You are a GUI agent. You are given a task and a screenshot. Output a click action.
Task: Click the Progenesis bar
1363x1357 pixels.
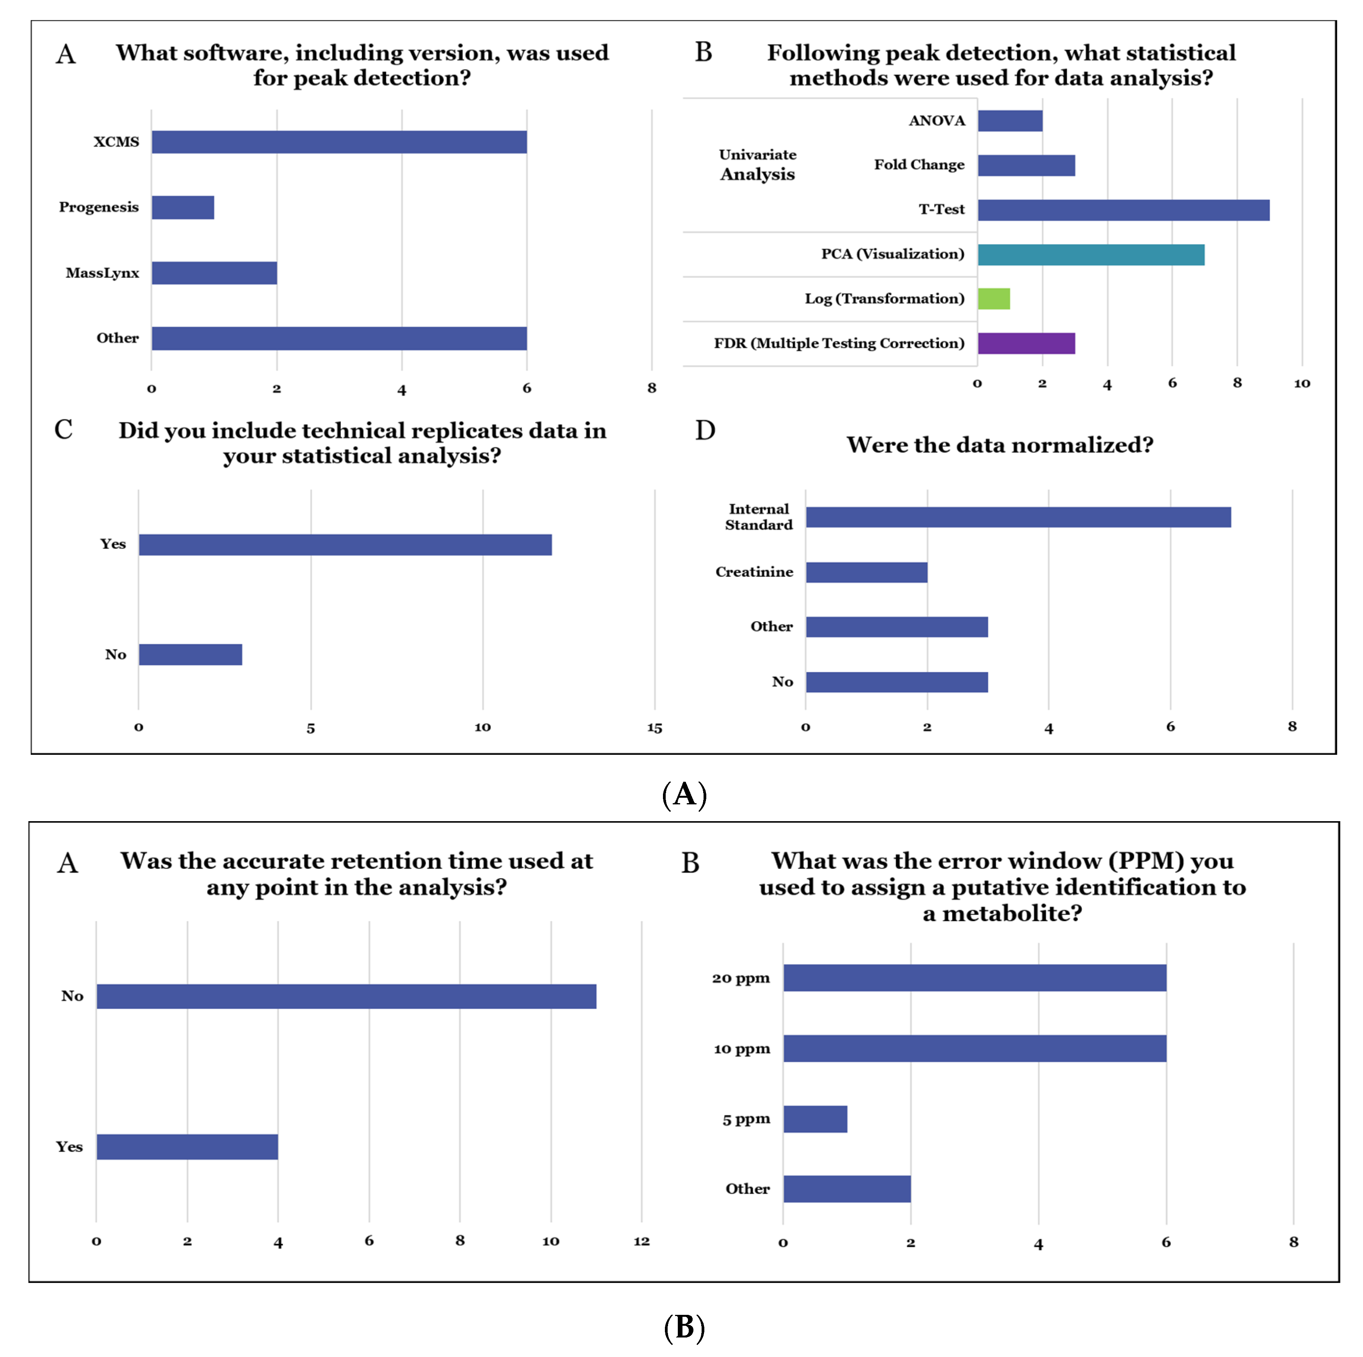coord(183,207)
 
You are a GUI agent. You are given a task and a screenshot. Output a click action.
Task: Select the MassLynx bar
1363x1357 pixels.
coord(214,273)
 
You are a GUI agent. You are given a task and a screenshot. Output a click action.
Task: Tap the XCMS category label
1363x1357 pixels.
coord(116,142)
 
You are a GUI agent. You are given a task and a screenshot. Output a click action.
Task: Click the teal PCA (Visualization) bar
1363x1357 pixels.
coord(1091,254)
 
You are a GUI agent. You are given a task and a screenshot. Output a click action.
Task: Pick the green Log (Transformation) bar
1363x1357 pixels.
coord(993,298)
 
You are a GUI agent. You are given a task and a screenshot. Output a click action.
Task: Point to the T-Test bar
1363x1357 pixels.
coord(1123,210)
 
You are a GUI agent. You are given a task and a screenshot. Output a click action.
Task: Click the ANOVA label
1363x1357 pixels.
coord(936,121)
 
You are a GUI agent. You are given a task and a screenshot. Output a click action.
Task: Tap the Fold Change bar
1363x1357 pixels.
coord(1026,166)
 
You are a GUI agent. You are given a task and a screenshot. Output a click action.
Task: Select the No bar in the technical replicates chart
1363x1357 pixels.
coord(191,654)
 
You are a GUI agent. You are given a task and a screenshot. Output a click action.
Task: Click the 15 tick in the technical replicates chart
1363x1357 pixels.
coord(654,728)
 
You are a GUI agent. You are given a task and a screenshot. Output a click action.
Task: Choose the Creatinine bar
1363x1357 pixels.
coord(866,572)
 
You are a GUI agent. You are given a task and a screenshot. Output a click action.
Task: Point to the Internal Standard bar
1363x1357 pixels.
coord(1018,517)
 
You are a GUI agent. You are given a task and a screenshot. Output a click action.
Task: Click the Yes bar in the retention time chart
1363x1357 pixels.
coord(187,1147)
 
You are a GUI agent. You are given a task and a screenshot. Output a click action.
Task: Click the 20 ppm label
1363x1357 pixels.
coord(741,978)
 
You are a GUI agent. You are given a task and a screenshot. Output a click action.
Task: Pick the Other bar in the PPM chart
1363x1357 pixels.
coord(846,1189)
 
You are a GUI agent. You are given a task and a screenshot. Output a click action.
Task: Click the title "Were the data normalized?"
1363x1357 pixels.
coord(1000,445)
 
